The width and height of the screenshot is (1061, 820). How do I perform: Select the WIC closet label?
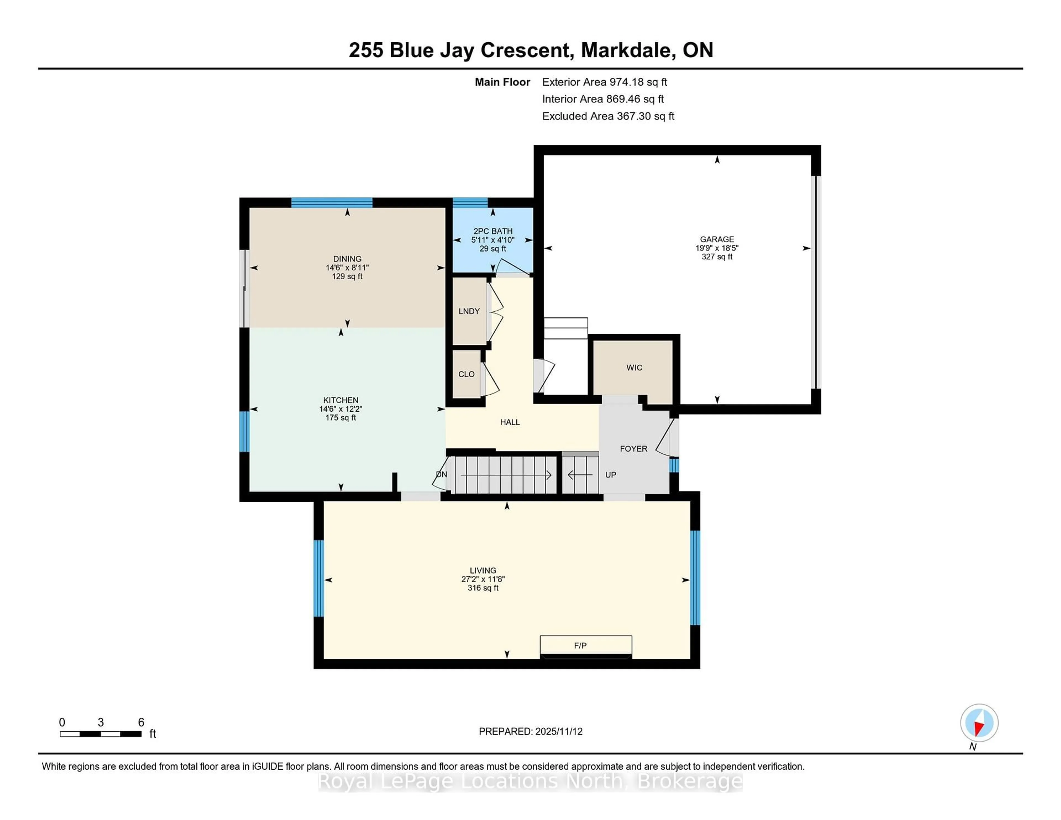[x=634, y=368]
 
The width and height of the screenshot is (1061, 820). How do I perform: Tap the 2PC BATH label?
[x=493, y=231]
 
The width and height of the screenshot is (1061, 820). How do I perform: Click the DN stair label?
[x=441, y=474]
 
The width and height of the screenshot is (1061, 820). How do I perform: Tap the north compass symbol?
[x=979, y=723]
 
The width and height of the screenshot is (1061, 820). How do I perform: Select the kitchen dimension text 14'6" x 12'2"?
[x=341, y=409]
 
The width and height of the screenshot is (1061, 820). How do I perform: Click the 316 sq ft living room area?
[x=483, y=588]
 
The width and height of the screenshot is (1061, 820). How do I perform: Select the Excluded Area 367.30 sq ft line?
[x=608, y=116]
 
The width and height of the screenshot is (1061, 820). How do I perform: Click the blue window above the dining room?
[x=332, y=203]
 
